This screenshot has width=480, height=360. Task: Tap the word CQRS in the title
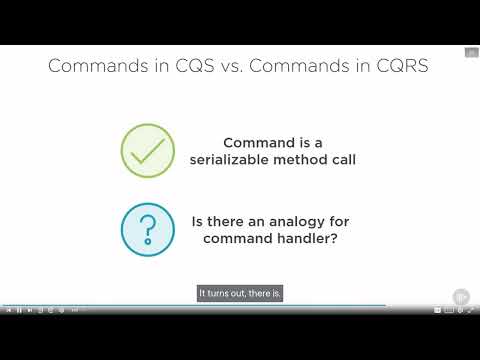[403, 67]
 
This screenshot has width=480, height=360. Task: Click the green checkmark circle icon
[148, 151]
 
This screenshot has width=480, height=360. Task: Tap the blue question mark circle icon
[148, 228]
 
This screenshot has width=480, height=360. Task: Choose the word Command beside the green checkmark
[256, 142]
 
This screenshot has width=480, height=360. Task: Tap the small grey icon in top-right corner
[471, 53]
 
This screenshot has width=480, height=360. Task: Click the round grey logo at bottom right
[461, 296]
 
